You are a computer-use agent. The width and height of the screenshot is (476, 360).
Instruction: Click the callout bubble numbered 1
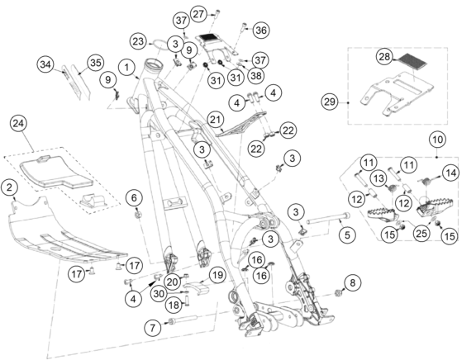(127, 68)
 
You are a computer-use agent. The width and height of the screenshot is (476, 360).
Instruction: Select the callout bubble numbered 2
(10, 187)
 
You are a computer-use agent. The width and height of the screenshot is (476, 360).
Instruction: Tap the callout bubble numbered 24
(18, 123)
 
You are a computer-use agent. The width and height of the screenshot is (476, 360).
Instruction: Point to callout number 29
(330, 102)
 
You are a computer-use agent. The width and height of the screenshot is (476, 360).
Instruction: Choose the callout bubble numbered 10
(437, 140)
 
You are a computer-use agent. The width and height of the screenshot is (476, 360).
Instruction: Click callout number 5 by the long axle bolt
(347, 234)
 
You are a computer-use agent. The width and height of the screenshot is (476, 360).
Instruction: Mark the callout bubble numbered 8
(352, 283)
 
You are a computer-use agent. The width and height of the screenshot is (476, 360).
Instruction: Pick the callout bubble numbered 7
(153, 328)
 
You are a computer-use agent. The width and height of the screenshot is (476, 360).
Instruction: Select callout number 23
(138, 41)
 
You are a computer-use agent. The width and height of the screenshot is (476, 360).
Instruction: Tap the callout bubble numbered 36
(261, 31)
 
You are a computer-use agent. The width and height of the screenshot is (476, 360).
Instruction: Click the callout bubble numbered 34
(45, 64)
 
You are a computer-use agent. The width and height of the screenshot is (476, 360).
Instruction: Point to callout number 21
(215, 119)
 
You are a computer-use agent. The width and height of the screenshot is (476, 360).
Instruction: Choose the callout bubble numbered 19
(217, 275)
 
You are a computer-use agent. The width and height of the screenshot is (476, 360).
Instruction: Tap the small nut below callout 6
(137, 215)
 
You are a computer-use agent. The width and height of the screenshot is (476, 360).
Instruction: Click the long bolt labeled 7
(183, 320)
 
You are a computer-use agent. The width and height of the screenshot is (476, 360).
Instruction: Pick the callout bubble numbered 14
(451, 173)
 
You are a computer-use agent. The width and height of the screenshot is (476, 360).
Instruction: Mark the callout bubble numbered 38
(256, 75)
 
